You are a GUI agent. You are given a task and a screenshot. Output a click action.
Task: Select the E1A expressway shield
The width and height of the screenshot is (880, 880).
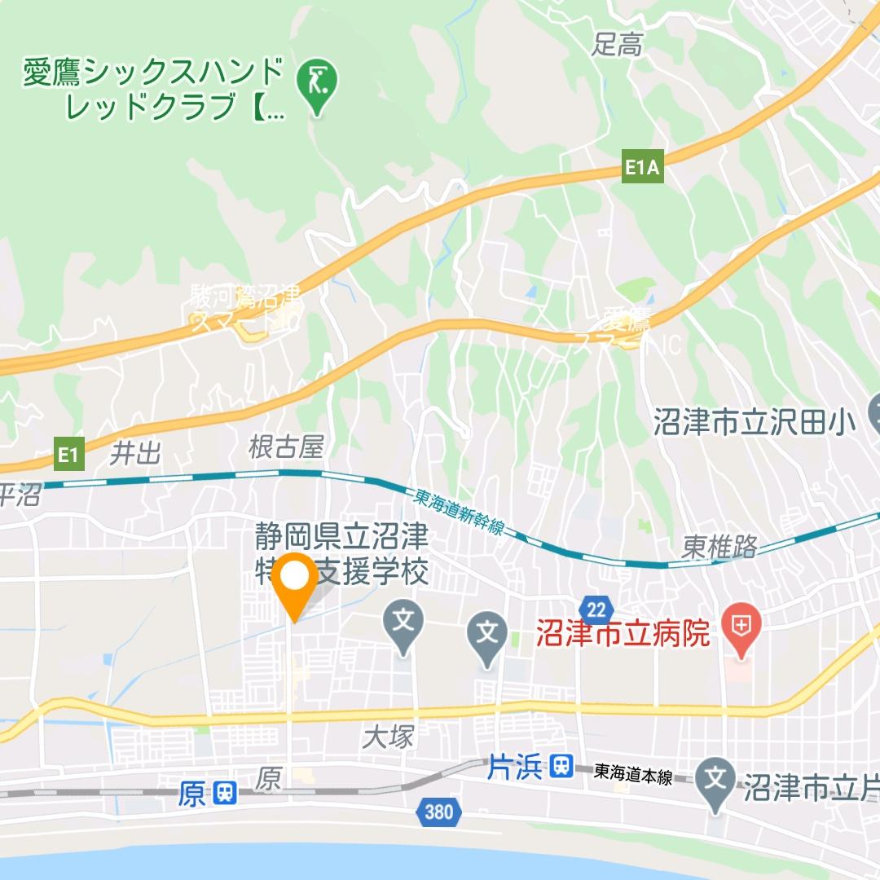click(642, 169)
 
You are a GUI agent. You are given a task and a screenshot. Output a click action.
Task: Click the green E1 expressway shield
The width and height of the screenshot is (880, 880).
click(68, 455)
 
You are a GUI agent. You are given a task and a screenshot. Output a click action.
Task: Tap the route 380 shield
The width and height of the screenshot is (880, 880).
click(438, 812)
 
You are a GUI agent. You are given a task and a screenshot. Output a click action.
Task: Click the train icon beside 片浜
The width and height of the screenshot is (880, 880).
click(561, 767)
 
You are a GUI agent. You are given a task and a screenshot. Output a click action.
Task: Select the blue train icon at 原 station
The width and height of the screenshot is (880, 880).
click(223, 793)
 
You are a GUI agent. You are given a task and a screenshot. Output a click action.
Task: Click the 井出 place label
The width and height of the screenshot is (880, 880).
click(136, 452)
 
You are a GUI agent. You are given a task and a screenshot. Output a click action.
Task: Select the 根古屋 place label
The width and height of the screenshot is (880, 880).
click(286, 447)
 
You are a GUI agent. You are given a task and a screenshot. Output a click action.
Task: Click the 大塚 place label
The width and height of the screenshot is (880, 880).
click(389, 738)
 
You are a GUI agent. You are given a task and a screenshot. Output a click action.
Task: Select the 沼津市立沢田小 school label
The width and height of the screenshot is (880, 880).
click(755, 422)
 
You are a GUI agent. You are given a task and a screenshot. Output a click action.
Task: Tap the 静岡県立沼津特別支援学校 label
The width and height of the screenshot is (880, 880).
click(341, 554)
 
